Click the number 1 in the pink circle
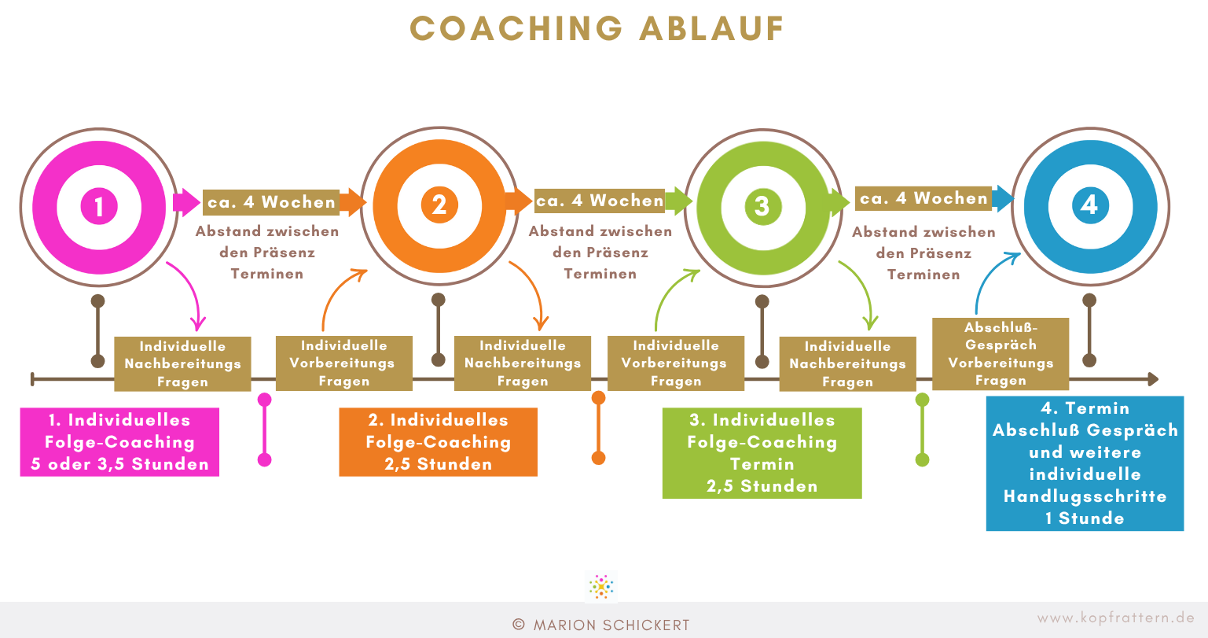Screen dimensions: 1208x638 (99, 206)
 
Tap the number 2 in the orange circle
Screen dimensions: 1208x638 (439, 205)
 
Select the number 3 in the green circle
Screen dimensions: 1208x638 (762, 205)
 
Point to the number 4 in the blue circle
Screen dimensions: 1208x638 (1089, 205)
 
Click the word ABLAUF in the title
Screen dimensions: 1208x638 (711, 28)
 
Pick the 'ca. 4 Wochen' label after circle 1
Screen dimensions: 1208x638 (271, 202)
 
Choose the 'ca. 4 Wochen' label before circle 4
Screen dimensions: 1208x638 (923, 198)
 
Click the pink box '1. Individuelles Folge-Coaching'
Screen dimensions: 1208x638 (119, 442)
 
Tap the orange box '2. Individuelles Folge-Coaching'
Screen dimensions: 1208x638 (438, 442)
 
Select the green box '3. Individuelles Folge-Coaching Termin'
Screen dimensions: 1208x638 (762, 453)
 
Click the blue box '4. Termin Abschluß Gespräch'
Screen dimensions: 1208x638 (1085, 463)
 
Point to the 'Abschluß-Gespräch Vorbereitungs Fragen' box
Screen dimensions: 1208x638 (1001, 354)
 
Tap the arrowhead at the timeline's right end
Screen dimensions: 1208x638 (1153, 379)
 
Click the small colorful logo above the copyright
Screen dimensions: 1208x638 (600, 586)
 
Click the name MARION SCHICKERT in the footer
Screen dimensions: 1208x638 (611, 625)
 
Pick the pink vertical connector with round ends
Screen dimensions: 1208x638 (264, 430)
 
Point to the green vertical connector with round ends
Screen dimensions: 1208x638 (922, 430)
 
